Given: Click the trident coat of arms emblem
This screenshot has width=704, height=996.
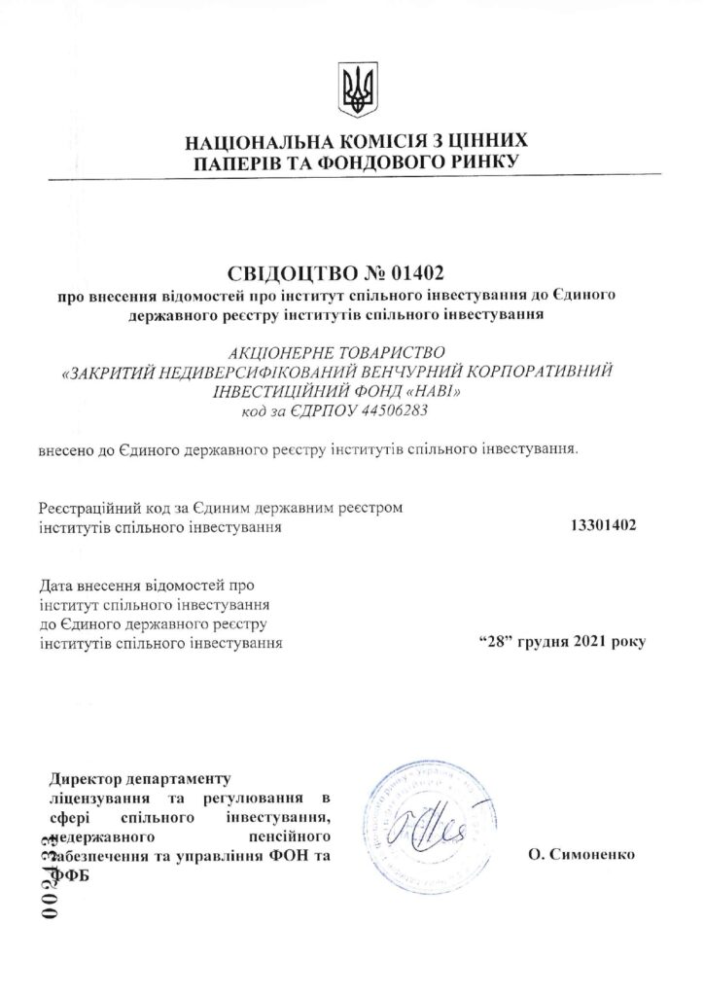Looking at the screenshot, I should (x=351, y=89).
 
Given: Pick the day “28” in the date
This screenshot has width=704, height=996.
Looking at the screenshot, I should (x=497, y=643).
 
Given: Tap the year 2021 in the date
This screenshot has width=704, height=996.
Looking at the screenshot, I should (x=592, y=643).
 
